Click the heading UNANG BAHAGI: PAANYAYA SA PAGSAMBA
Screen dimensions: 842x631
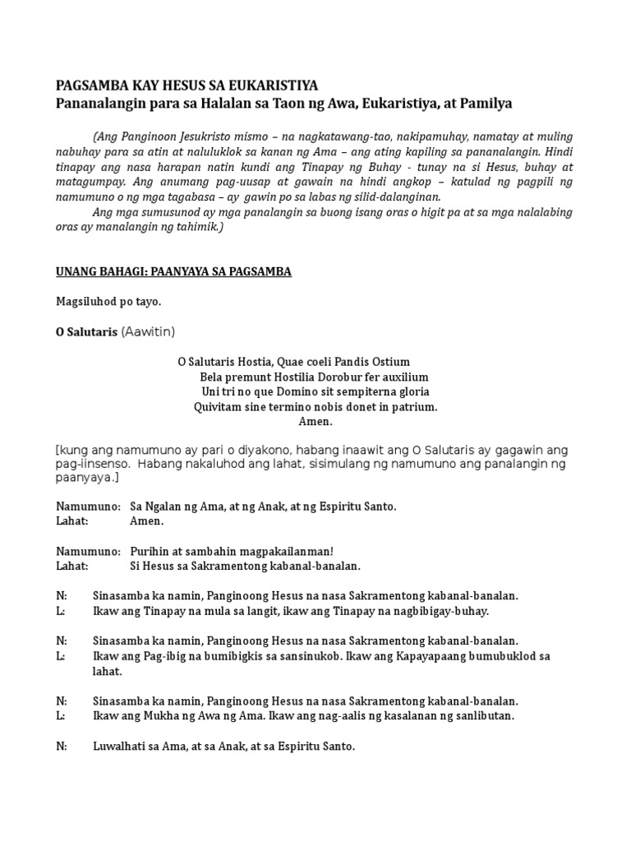pyautogui.click(x=173, y=271)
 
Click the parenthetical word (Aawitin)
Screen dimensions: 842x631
pyautogui.click(x=148, y=332)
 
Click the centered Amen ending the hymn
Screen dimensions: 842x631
pyautogui.click(x=315, y=422)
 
